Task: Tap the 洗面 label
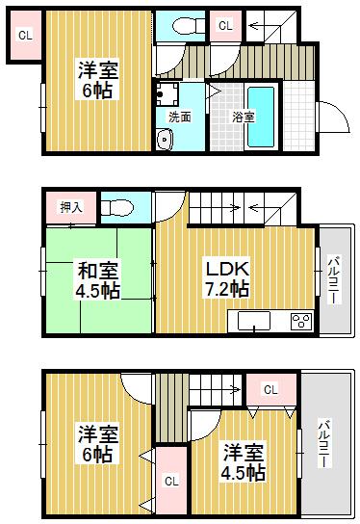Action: (x=179, y=117)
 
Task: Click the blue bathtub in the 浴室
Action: (x=262, y=117)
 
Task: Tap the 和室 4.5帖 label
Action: (x=97, y=277)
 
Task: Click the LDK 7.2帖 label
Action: (x=226, y=277)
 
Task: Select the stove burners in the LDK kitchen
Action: (x=299, y=321)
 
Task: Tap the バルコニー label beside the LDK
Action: (x=332, y=280)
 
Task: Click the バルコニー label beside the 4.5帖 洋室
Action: (x=323, y=444)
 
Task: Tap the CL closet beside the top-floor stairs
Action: (x=225, y=26)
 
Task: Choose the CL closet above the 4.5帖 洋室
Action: (x=270, y=390)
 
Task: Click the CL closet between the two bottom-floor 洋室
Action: (x=170, y=481)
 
